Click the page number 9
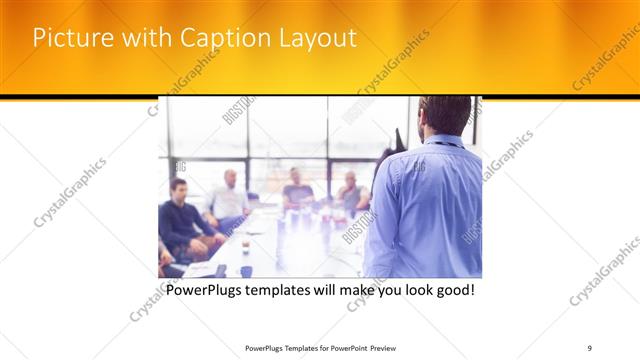pyautogui.click(x=590, y=347)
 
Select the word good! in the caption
pyautogui.click(x=452, y=291)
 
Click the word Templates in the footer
pyautogui.click(x=289, y=347)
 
